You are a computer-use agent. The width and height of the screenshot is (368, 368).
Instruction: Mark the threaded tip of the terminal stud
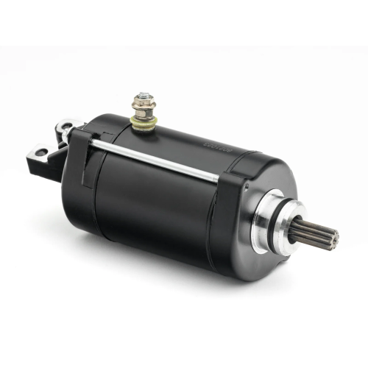point(140,93)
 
